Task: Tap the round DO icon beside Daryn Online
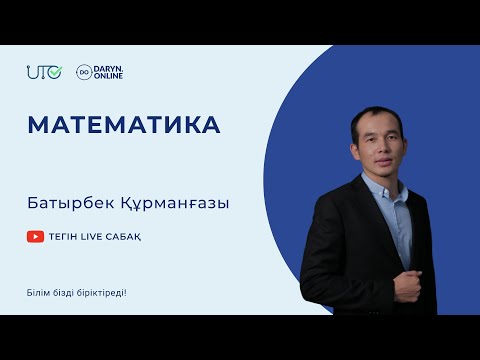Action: click(x=83, y=72)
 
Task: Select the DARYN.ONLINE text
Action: click(x=107, y=72)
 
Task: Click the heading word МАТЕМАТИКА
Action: click(x=124, y=125)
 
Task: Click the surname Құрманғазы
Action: click(x=179, y=203)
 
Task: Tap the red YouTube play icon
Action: click(x=35, y=237)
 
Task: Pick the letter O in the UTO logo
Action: click(x=57, y=72)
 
